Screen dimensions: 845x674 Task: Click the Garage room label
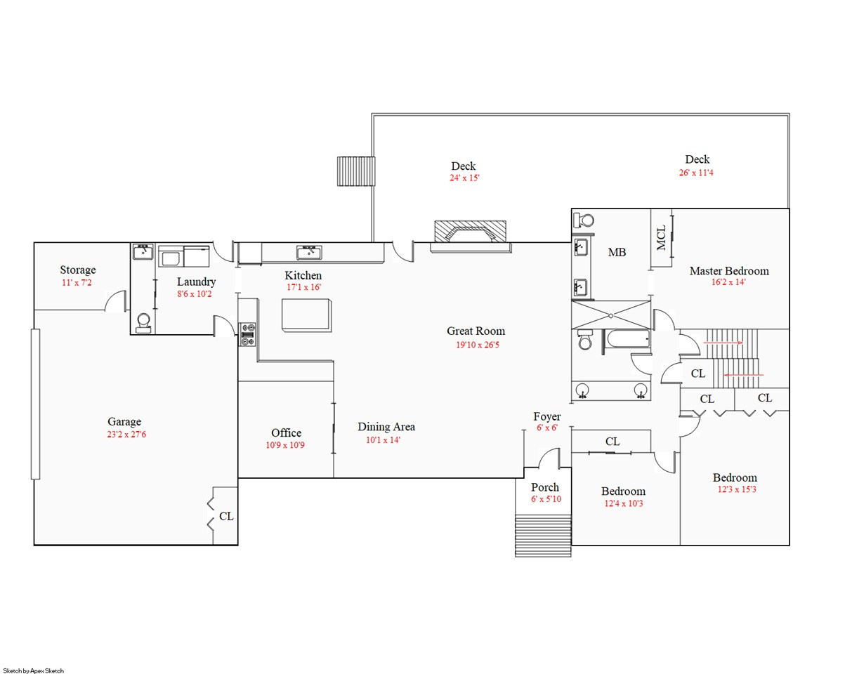click(124, 421)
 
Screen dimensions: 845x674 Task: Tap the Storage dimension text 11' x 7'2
click(77, 283)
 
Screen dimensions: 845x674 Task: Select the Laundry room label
click(197, 282)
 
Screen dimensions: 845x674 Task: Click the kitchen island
click(307, 315)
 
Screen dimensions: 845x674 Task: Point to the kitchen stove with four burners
click(248, 334)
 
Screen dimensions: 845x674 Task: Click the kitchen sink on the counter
click(309, 253)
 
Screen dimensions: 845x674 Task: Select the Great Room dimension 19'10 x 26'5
click(478, 345)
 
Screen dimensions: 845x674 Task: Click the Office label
click(287, 432)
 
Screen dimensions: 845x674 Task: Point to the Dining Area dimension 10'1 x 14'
click(383, 440)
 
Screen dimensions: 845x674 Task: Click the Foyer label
click(547, 416)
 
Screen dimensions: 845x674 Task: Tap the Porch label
click(545, 487)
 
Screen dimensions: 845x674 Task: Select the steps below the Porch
click(543, 536)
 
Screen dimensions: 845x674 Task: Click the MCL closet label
click(661, 237)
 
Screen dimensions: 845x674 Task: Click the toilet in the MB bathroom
click(584, 220)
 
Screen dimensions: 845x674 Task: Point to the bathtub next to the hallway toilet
click(627, 339)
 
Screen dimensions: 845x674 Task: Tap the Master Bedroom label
click(729, 271)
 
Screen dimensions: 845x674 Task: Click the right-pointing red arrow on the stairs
click(723, 343)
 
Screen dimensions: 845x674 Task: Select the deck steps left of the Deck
click(356, 171)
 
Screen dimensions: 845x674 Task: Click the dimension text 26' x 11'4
click(696, 173)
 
